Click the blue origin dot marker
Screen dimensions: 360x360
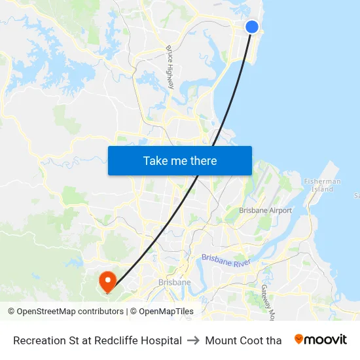pyautogui.click(x=251, y=27)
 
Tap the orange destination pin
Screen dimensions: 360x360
pyautogui.click(x=107, y=281)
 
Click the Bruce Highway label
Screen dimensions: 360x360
pyautogui.click(x=171, y=67)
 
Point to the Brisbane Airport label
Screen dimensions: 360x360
pyautogui.click(x=266, y=211)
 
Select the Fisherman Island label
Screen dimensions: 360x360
pyautogui.click(x=322, y=185)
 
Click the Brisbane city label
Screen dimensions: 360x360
pyautogui.click(x=175, y=283)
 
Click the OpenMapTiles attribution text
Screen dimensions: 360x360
pyautogui.click(x=166, y=312)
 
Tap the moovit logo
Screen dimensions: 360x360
pyautogui.click(x=321, y=340)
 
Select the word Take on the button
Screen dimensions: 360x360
pyautogui.click(x=156, y=161)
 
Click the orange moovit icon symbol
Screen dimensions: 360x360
pyautogui.click(x=299, y=339)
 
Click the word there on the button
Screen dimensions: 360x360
pyautogui.click(x=200, y=161)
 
